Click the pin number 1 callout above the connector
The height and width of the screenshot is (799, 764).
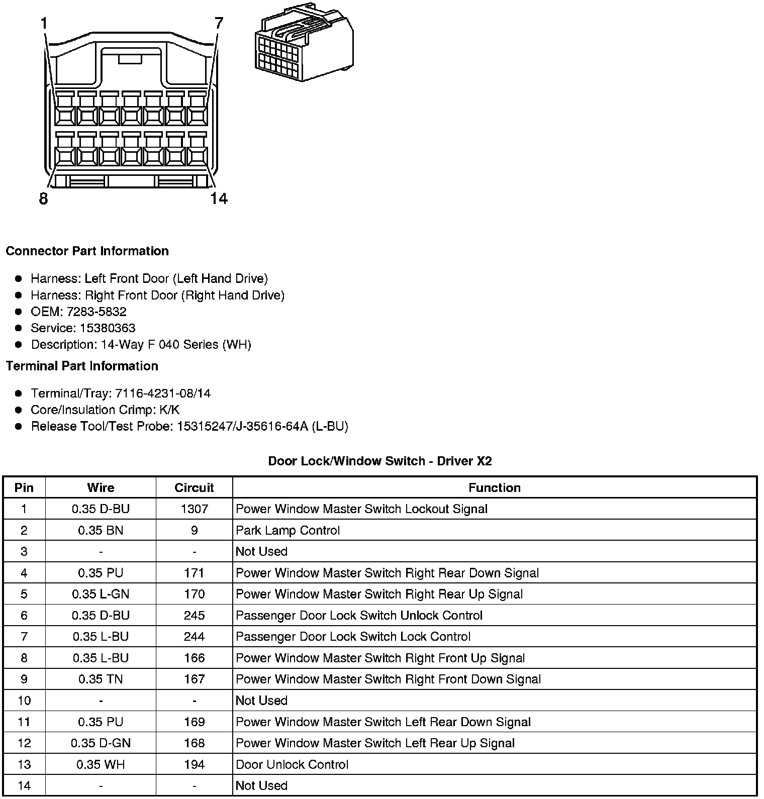44,23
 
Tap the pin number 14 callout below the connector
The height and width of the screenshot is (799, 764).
219,198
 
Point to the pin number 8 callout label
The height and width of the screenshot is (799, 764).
43,198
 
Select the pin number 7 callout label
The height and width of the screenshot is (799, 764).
219,23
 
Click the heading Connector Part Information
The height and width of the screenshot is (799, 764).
87,251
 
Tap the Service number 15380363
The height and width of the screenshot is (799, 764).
108,328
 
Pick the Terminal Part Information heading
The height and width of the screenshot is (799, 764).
82,366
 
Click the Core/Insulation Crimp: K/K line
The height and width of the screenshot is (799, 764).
105,410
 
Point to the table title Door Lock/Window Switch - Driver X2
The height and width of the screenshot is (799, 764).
379,461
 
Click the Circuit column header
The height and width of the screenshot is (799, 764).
194,487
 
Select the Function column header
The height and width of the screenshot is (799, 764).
494,487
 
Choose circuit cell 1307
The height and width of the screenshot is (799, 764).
194,509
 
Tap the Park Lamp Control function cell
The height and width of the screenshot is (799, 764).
288,530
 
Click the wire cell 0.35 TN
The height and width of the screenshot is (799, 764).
101,679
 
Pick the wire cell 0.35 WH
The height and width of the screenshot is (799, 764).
101,764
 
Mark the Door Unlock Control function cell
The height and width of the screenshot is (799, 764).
292,764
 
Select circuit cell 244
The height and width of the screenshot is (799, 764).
194,637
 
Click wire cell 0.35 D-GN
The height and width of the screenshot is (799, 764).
101,743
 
